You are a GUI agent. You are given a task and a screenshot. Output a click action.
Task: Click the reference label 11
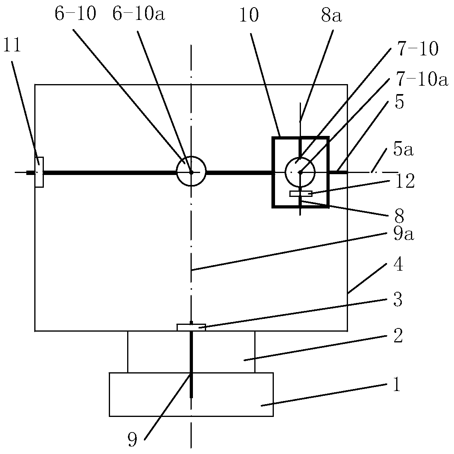(x=12, y=45)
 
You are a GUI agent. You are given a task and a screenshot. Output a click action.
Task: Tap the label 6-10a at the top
(x=139, y=14)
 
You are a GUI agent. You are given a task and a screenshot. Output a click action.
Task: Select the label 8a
(x=332, y=16)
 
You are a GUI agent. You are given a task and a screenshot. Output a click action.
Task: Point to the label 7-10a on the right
(x=423, y=80)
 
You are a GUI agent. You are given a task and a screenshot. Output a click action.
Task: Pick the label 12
(x=405, y=182)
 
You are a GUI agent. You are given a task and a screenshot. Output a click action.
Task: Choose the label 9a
(x=404, y=234)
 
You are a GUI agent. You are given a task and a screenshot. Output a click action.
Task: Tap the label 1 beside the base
(x=397, y=385)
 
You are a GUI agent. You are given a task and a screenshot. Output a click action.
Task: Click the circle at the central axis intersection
(x=191, y=171)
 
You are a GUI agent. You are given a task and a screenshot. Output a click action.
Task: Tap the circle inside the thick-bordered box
(x=300, y=172)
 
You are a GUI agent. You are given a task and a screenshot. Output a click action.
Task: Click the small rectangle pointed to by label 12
(x=301, y=194)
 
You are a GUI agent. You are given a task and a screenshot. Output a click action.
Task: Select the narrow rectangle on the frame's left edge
(x=39, y=172)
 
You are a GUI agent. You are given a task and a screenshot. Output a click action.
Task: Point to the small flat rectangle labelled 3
(x=191, y=328)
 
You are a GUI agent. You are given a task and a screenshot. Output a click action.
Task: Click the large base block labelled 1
(x=191, y=394)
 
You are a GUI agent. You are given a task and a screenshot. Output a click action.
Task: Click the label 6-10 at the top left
(x=75, y=14)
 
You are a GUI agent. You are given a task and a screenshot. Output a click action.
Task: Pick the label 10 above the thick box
(x=249, y=15)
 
